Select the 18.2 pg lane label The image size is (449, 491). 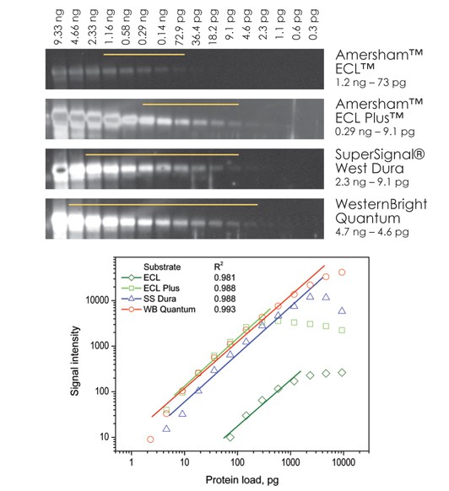coord(215,28)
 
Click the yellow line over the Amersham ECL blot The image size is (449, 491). coord(143,55)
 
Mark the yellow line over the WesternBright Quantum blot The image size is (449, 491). coord(163,204)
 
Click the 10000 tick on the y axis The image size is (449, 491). coord(100,299)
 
